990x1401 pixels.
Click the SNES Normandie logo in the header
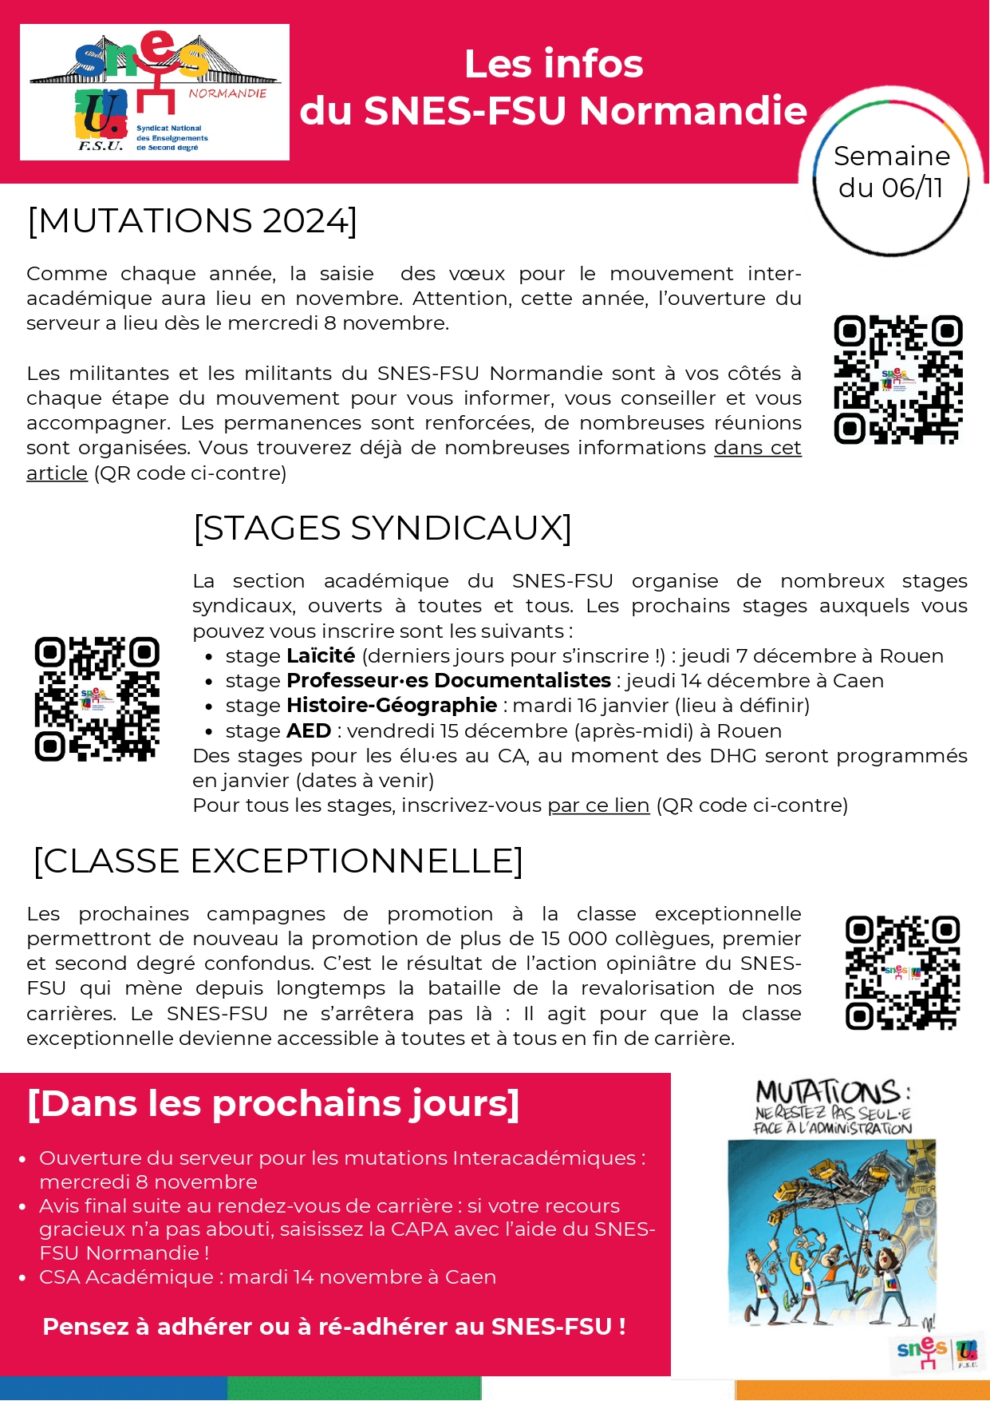click(x=154, y=92)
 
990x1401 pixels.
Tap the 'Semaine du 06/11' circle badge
click(x=891, y=172)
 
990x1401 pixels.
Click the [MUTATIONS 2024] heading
click(x=192, y=221)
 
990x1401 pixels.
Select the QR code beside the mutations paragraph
click(x=897, y=379)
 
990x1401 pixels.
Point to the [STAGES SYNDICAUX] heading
click(x=382, y=528)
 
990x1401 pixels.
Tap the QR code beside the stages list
click(x=97, y=699)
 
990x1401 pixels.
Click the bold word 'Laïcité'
click(x=321, y=656)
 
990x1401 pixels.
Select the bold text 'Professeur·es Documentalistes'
click(x=448, y=681)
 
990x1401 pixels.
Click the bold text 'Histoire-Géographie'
click(x=392, y=706)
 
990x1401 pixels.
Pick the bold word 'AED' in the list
click(x=309, y=731)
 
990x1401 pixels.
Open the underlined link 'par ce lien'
click(x=598, y=805)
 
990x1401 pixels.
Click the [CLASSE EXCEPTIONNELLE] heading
click(x=278, y=861)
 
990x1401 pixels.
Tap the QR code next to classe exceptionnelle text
click(x=902, y=972)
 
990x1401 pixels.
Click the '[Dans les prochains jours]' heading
click(x=274, y=1104)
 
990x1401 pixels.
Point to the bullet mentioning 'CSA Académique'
click(x=267, y=1277)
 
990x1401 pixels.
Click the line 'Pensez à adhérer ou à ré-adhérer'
click(x=333, y=1327)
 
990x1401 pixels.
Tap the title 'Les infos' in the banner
click(x=554, y=64)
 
